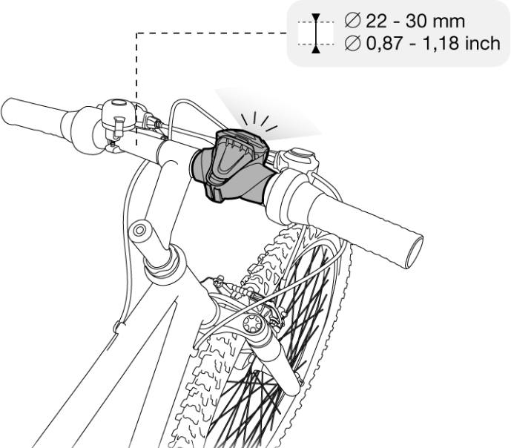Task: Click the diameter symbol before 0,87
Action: [x=353, y=45]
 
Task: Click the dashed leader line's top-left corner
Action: [x=136, y=33]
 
